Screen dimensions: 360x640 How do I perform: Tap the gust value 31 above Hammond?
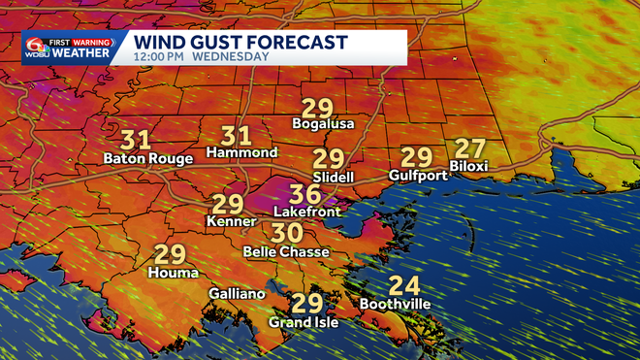point(237,136)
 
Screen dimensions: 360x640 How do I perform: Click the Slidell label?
point(333,178)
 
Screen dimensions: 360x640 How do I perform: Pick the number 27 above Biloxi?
point(469,148)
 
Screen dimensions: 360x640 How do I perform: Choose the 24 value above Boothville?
point(404,285)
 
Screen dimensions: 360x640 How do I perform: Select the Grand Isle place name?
point(304,322)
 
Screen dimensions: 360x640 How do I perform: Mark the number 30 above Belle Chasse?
point(287,233)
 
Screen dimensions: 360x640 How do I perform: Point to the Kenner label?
point(228,222)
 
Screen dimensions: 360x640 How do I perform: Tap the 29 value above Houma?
point(171,254)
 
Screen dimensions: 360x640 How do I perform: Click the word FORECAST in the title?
point(295,42)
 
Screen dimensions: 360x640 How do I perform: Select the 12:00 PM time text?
point(158,57)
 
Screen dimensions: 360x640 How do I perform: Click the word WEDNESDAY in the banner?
point(231,57)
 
